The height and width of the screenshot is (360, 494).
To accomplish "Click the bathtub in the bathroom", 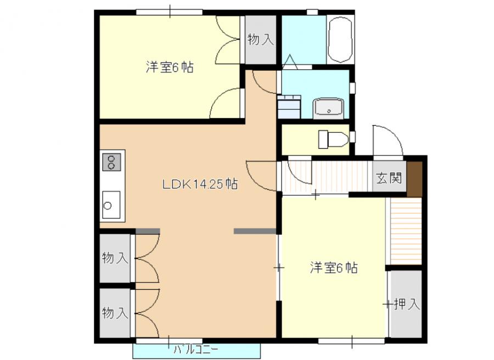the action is [340, 40].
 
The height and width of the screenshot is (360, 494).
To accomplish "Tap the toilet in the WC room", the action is [333, 139].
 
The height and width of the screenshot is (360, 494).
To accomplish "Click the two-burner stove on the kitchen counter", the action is [111, 162].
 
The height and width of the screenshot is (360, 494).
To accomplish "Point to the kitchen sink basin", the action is [111, 205].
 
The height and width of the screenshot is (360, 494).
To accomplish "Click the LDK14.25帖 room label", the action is [200, 184].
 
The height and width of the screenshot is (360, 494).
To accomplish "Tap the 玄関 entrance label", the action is [389, 178].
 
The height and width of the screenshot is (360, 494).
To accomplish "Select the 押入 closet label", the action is [407, 304].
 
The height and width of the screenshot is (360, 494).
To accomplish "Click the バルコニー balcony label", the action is [196, 350].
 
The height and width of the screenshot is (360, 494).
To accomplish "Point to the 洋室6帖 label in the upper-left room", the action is [170, 67].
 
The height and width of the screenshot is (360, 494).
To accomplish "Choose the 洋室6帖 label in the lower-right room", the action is [334, 268].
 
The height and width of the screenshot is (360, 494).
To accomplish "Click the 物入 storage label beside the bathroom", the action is [261, 40].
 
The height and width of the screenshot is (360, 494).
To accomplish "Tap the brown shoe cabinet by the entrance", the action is [414, 179].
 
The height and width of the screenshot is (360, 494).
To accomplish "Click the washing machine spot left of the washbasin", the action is [289, 107].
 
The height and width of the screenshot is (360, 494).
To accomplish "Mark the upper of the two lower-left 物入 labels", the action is [115, 258].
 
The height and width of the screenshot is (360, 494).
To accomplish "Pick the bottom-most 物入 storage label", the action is [115, 313].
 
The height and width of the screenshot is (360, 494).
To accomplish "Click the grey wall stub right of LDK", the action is [255, 231].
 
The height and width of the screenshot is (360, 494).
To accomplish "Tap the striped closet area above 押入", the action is [406, 231].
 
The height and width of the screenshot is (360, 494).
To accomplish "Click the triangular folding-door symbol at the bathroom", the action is [290, 62].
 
